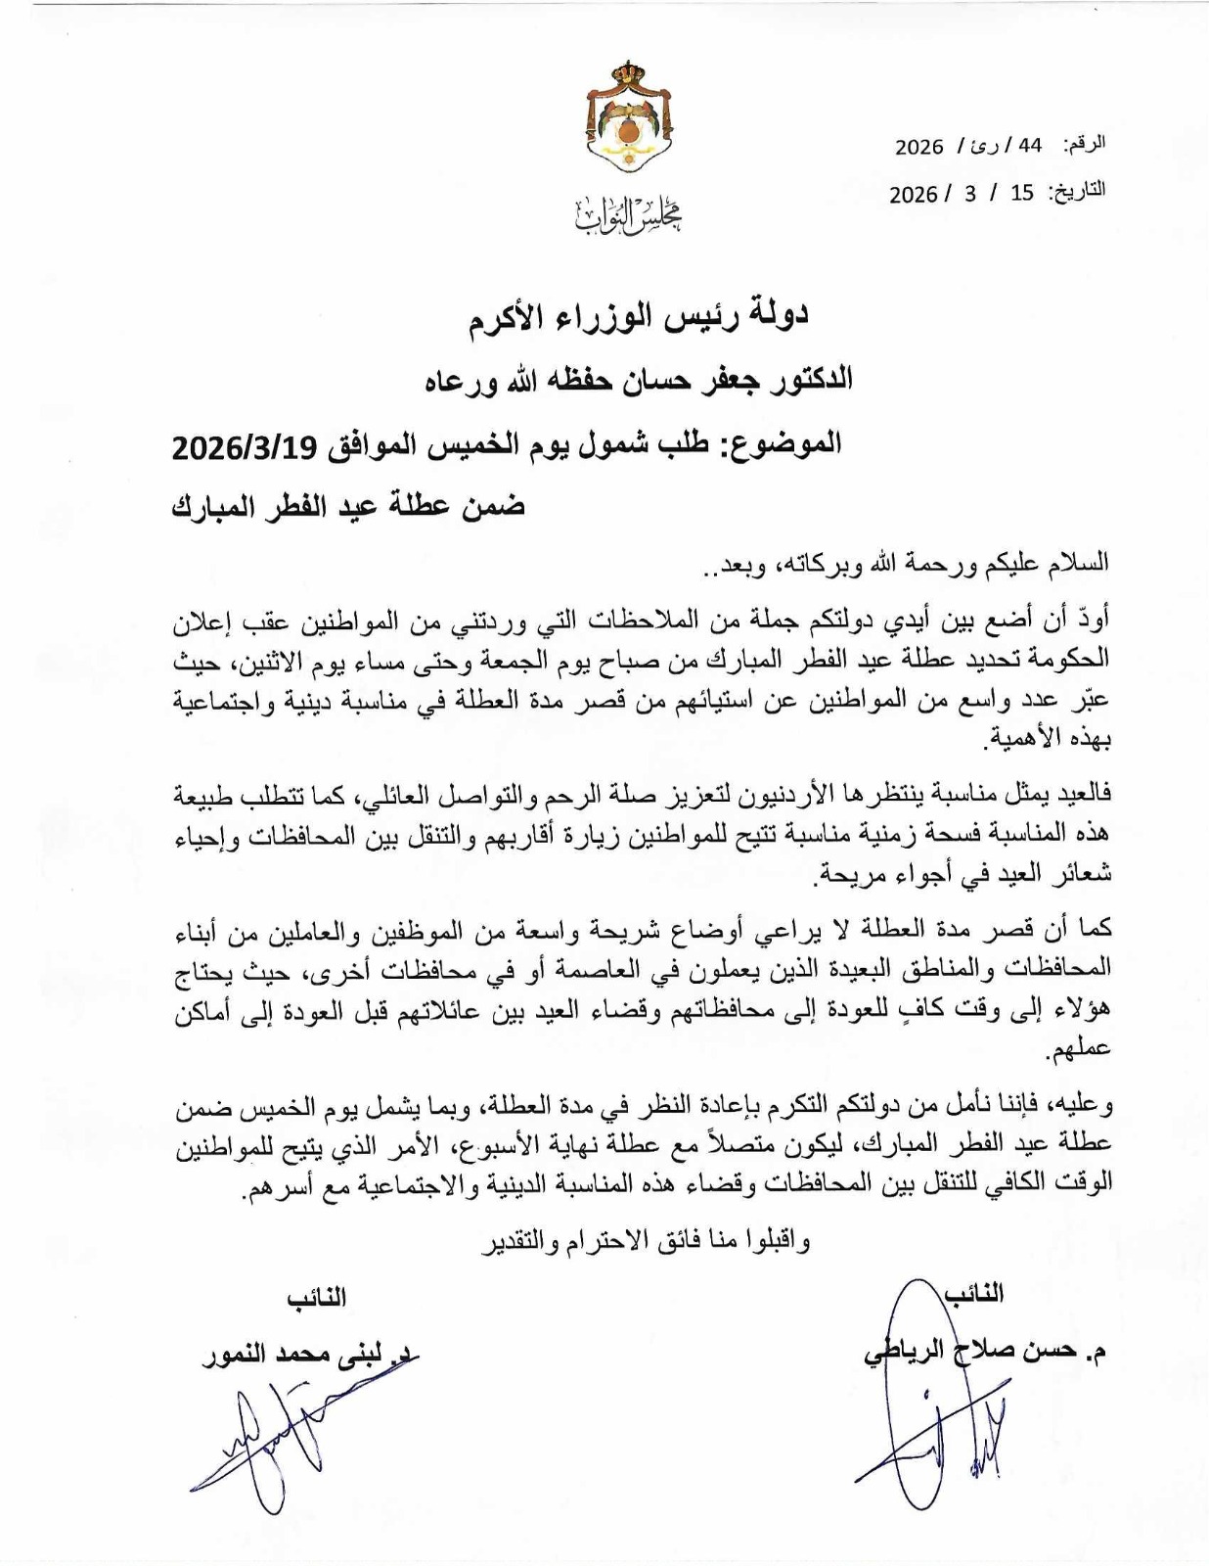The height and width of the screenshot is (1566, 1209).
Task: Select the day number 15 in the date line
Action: pos(1022,193)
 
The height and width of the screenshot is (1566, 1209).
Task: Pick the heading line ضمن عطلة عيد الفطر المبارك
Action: pos(348,507)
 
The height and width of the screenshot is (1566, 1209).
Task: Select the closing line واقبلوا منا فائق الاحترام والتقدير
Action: pos(641,1241)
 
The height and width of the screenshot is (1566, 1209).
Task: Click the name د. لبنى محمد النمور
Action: pos(308,1359)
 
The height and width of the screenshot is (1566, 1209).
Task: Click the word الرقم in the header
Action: pos(1087,144)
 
